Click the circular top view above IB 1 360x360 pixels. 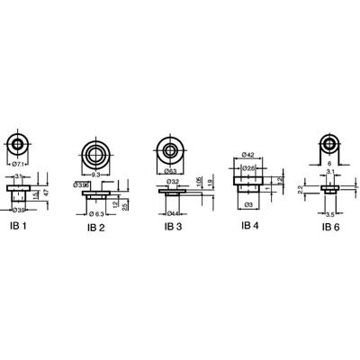pos(17,144)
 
